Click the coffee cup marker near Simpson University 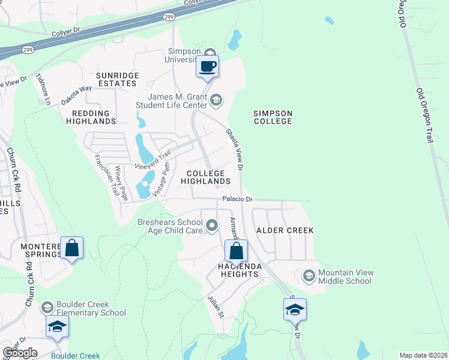[207, 67]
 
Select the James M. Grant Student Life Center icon [217, 100]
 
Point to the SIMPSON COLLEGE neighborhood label [272, 117]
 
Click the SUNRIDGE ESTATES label [118, 79]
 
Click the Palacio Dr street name [238, 199]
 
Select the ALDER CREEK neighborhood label [285, 230]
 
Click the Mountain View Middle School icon [309, 276]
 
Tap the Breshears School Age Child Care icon [211, 226]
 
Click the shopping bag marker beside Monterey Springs [71, 248]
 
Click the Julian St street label [215, 307]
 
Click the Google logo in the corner [20, 353]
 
